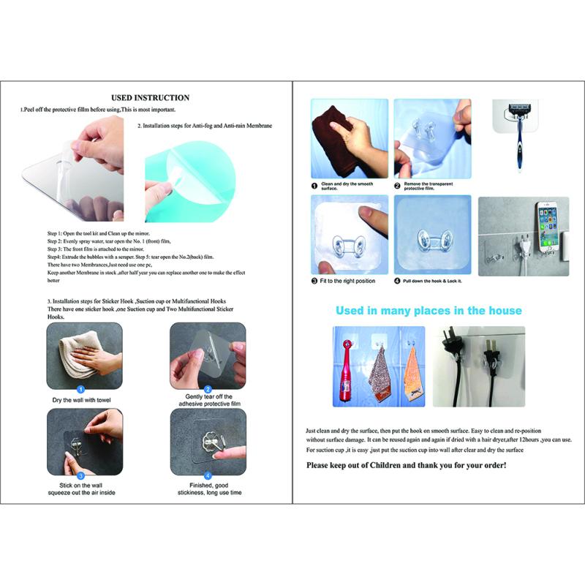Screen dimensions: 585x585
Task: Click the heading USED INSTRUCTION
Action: [x=150, y=97]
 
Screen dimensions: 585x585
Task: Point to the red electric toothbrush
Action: [x=347, y=369]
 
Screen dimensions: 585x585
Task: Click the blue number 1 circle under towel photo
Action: [x=81, y=390]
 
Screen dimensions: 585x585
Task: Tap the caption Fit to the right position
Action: [x=343, y=281]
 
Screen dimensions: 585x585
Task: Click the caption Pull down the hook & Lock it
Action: [x=432, y=281]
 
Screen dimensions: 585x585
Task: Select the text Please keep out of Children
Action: [x=406, y=465]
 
